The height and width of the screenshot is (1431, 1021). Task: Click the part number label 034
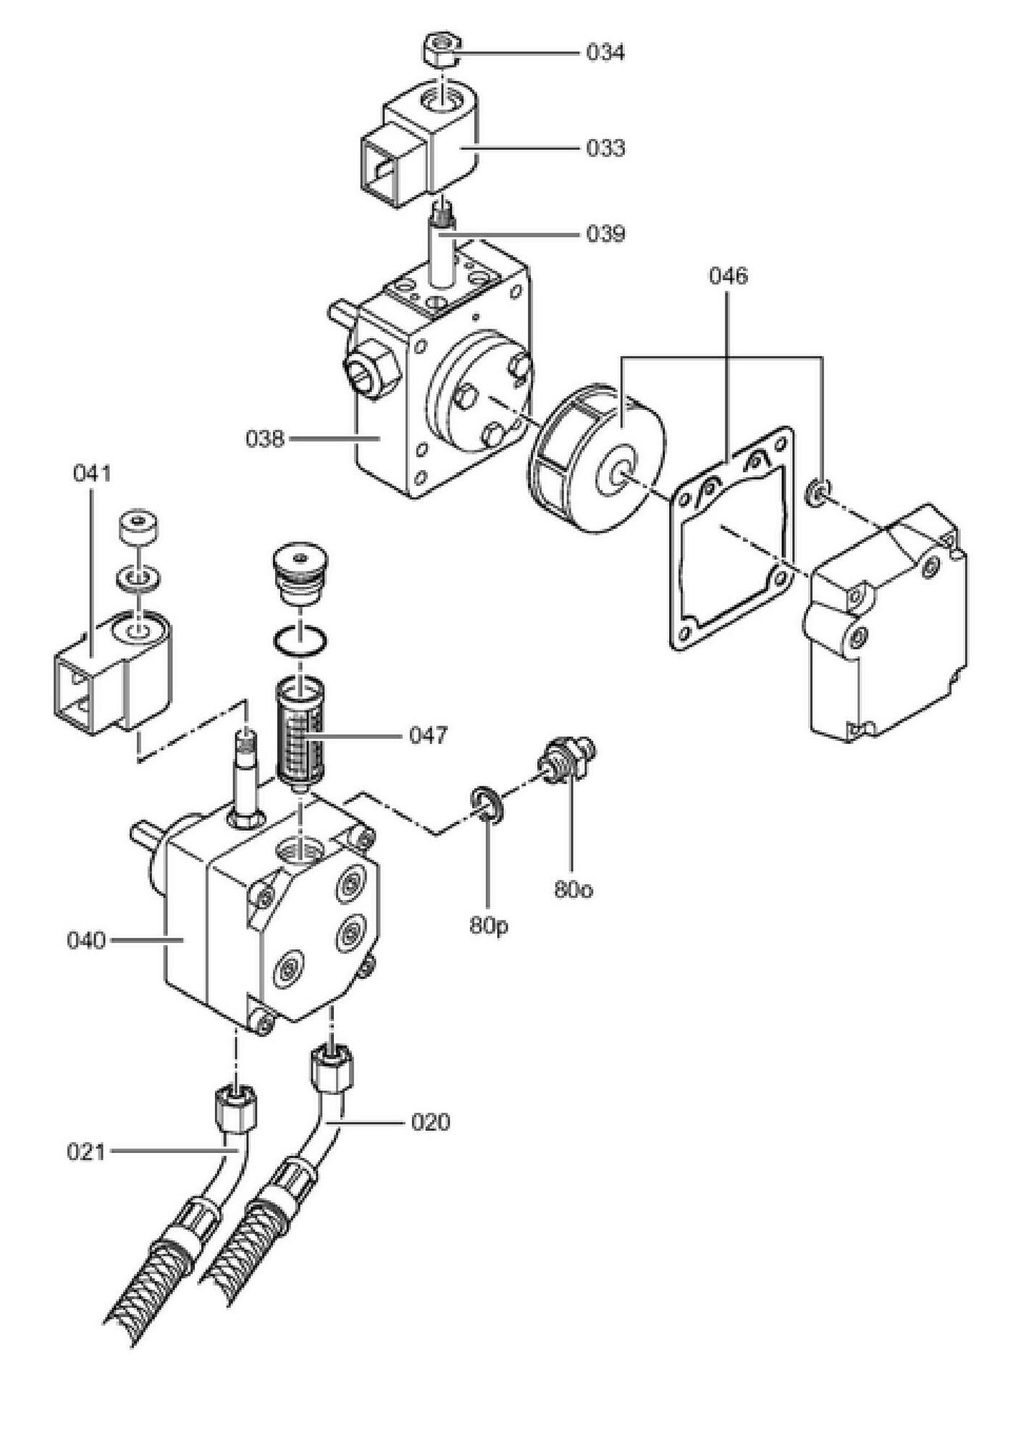pyautogui.click(x=605, y=53)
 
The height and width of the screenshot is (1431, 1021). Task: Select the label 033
pyautogui.click(x=605, y=148)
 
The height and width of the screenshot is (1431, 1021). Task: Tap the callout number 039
pyautogui.click(x=605, y=235)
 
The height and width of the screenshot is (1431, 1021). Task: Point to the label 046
pyautogui.click(x=728, y=276)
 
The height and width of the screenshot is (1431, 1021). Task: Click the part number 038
pyautogui.click(x=265, y=439)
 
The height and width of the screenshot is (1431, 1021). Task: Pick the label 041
pyautogui.click(x=92, y=474)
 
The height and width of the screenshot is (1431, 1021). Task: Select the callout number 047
pyautogui.click(x=429, y=736)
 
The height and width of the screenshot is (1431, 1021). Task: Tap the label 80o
pyautogui.click(x=573, y=889)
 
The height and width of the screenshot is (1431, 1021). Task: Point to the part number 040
pyautogui.click(x=86, y=941)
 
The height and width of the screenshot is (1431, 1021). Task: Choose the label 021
pyautogui.click(x=86, y=1151)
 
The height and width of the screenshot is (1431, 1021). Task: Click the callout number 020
pyautogui.click(x=430, y=1122)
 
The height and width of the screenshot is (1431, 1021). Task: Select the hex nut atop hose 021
pyautogui.click(x=237, y=1108)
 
